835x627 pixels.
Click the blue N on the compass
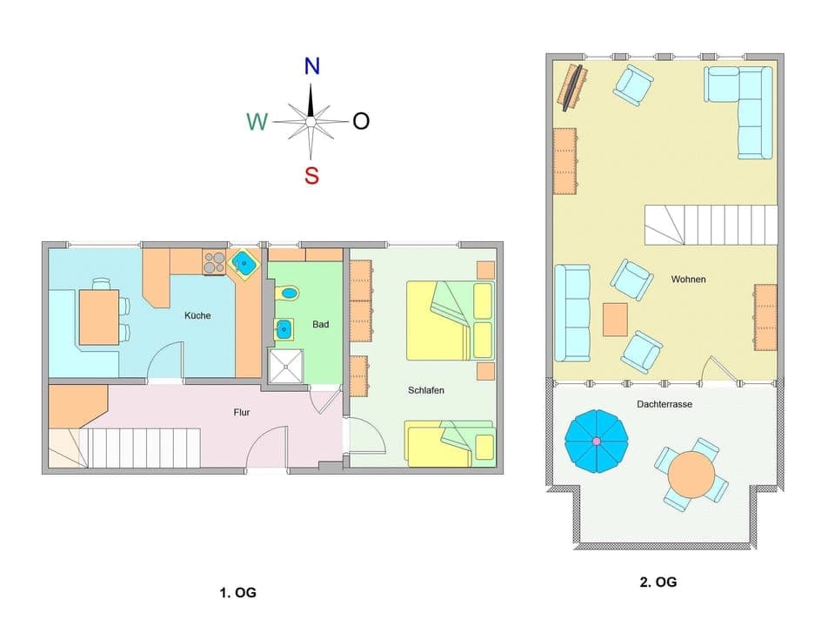pos(311,66)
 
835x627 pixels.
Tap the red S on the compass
pos(311,176)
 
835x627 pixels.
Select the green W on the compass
pos(257,122)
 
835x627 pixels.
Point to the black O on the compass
pos(361,121)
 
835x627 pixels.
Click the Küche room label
pos(197,315)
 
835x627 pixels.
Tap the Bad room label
pos(321,325)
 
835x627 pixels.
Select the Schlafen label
pos(426,390)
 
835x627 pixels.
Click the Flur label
pos(242,412)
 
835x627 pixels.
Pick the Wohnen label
pos(688,280)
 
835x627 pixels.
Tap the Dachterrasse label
pos(665,404)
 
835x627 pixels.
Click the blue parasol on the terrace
pos(596,442)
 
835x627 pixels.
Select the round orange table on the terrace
pos(691,473)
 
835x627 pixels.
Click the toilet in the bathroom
pos(287,293)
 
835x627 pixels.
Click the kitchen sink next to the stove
pos(244,262)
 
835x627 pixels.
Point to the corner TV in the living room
pos(572,87)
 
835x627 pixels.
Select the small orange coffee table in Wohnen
pos(615,319)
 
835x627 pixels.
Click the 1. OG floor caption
pos(237,593)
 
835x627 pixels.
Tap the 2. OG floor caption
pos(658,582)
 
